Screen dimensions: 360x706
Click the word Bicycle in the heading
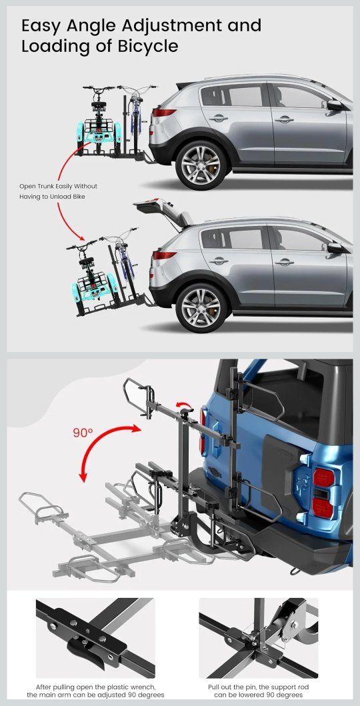click(145, 47)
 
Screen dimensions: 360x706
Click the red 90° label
click(83, 433)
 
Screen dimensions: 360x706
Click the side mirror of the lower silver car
click(335, 247)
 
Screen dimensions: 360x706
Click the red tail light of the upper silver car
click(164, 113)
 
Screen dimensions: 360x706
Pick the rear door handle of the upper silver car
click(219, 118)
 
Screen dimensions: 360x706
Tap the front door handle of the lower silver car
click(285, 261)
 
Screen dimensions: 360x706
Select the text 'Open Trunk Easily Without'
click(58, 186)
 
